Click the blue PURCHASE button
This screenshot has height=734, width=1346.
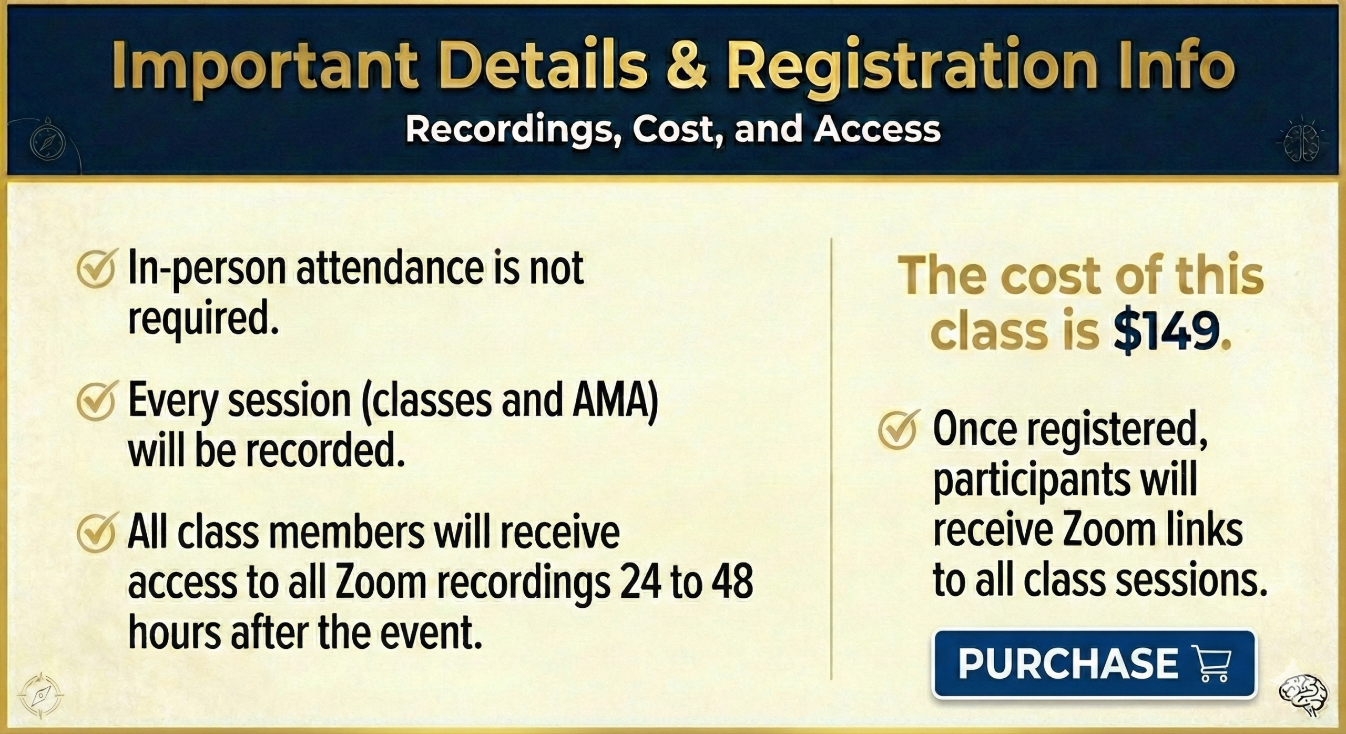[1094, 664]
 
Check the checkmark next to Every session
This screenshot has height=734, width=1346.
[96, 403]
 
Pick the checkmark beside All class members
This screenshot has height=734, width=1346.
[96, 534]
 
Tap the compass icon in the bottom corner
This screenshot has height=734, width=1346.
[40, 695]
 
